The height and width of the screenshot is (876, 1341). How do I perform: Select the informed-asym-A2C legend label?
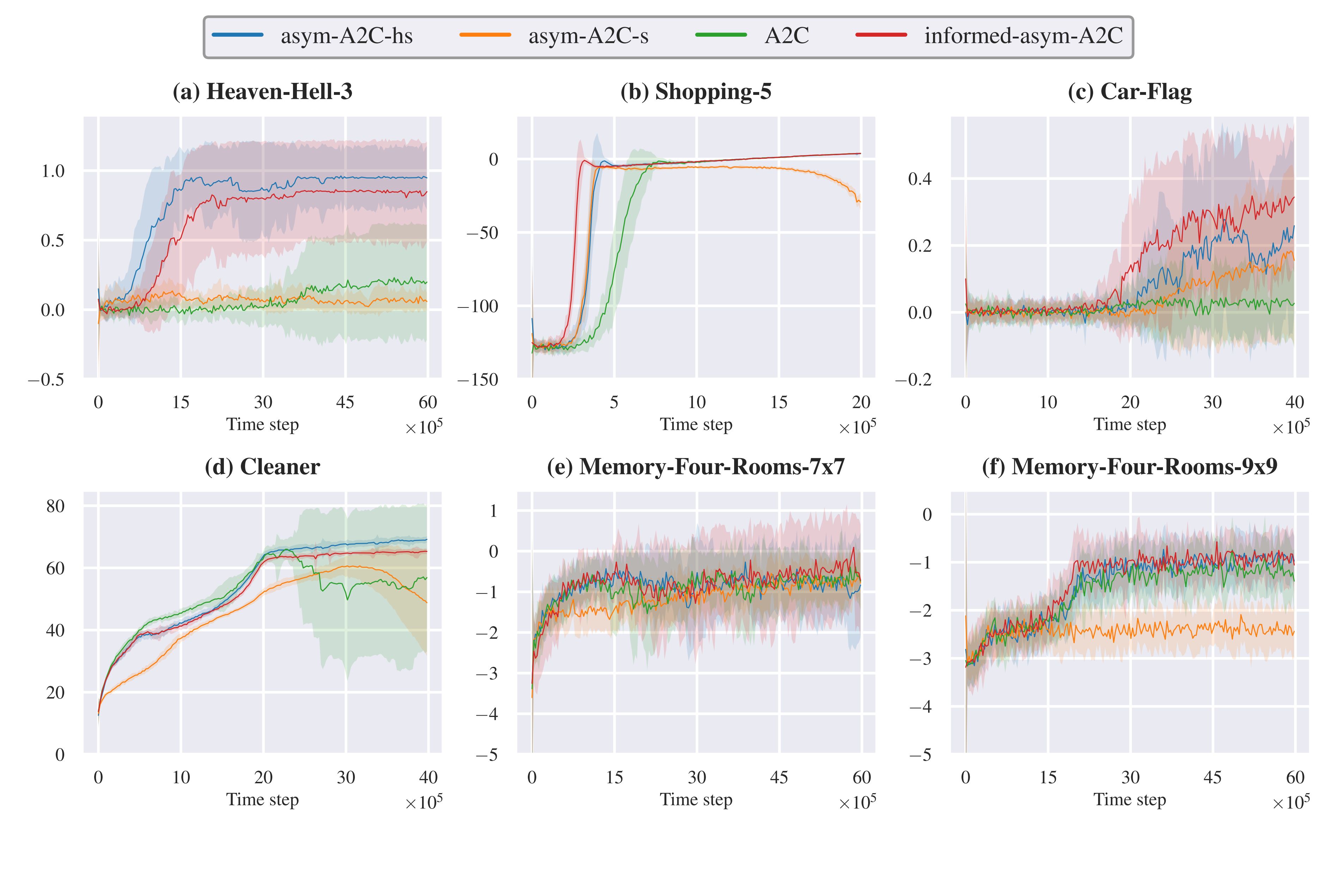click(x=1023, y=36)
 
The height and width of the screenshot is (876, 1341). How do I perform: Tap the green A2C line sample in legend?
click(x=721, y=35)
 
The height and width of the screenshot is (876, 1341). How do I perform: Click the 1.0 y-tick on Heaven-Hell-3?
click(x=53, y=171)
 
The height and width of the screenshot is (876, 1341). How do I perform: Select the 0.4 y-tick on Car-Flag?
click(x=920, y=179)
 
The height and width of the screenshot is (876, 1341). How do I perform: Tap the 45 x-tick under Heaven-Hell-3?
click(x=345, y=402)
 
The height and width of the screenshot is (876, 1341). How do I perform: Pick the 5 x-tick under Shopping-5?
click(x=614, y=402)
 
